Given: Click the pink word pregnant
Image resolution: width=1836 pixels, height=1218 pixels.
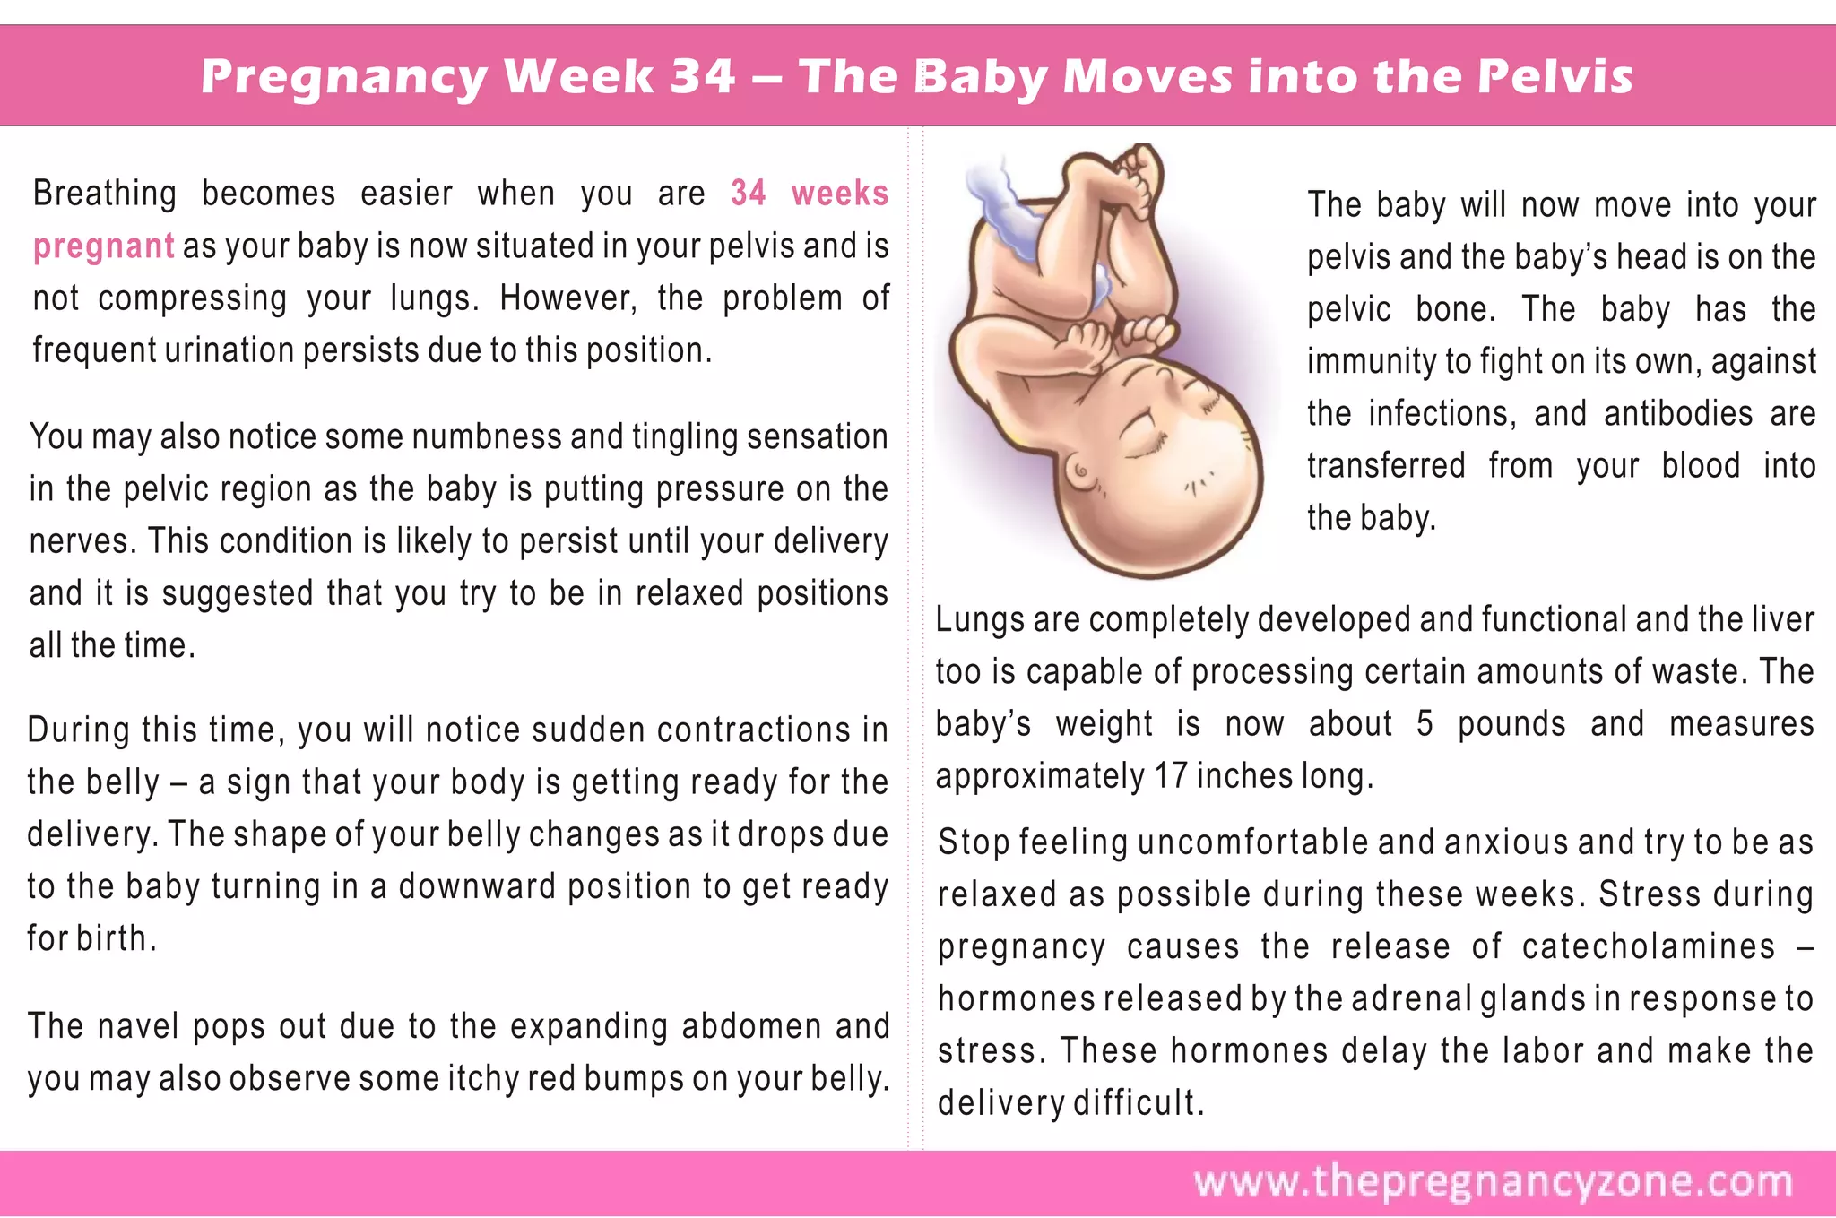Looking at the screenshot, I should point(104,246).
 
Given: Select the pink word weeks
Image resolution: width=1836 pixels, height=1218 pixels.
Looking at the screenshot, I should point(839,194).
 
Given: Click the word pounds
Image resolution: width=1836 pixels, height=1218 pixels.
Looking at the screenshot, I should point(1511,724).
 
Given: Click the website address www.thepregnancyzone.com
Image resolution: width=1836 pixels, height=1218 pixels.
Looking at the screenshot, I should point(1493,1182).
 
